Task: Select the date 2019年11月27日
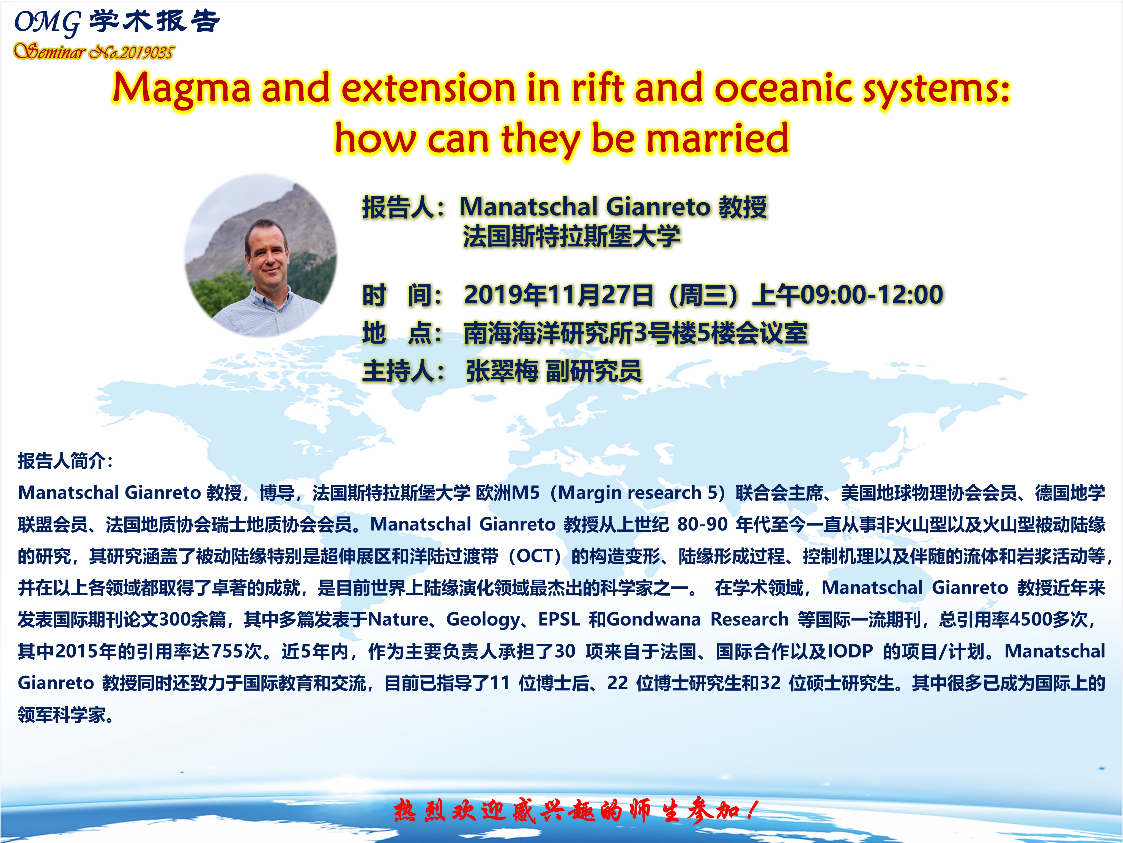click(558, 295)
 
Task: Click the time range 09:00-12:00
click(872, 295)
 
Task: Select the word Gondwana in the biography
click(653, 619)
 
